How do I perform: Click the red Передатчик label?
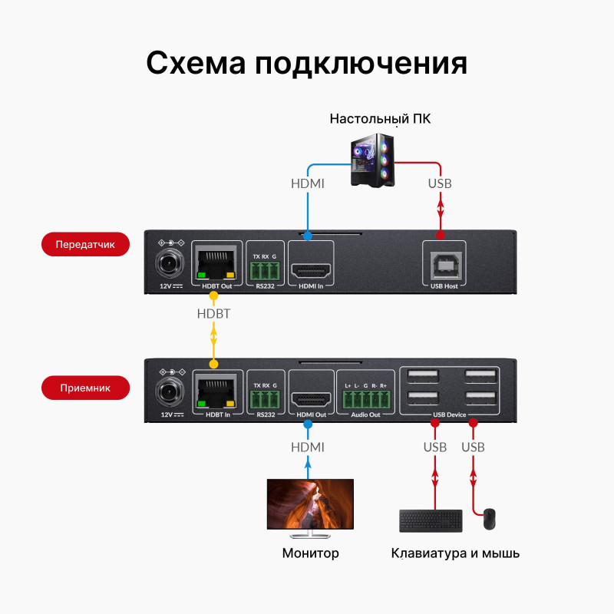click(84, 246)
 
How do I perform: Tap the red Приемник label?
click(85, 388)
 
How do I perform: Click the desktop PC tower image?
click(374, 159)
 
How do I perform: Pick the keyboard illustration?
click(431, 521)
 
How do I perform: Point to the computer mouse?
click(489, 520)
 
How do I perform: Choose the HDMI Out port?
click(310, 399)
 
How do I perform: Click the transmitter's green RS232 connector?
click(265, 269)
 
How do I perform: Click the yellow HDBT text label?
click(213, 314)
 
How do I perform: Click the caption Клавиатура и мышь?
click(455, 553)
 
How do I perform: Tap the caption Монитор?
click(310, 553)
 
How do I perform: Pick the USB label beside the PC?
click(439, 183)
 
